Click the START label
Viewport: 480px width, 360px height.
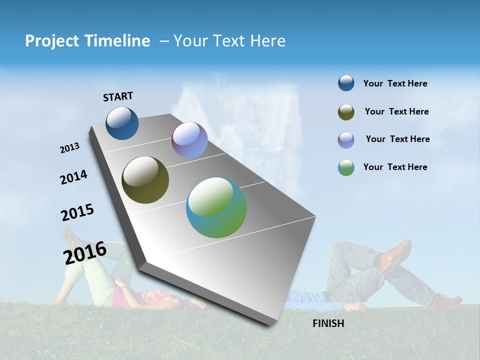[x=118, y=96]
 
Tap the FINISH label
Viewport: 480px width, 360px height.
[x=328, y=323]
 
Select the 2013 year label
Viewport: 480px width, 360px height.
[x=69, y=148]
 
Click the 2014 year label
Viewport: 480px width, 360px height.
[x=73, y=177]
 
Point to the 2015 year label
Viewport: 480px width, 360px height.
[x=77, y=212]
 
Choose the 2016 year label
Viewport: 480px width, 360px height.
[x=84, y=252]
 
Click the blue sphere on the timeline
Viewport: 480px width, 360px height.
[x=122, y=123]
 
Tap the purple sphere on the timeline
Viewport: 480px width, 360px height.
[x=189, y=140]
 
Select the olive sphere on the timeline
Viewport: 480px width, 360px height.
[x=145, y=180]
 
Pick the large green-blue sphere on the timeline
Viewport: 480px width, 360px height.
[x=216, y=207]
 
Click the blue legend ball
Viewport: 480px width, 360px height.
[x=346, y=83]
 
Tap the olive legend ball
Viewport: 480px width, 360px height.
[x=346, y=112]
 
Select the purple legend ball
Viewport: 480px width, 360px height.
[x=346, y=140]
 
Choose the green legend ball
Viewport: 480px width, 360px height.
[x=346, y=167]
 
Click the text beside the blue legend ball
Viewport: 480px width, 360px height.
[x=395, y=83]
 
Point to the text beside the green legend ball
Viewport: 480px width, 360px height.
[x=395, y=167]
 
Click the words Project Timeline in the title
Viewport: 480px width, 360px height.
[x=87, y=41]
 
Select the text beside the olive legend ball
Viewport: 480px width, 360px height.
[x=396, y=111]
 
